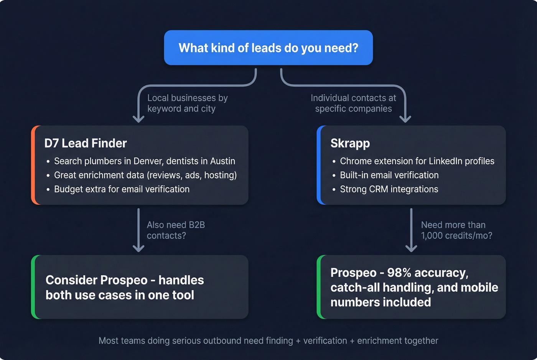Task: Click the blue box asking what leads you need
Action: pyautogui.click(x=268, y=48)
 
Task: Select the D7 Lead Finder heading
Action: pyautogui.click(x=86, y=143)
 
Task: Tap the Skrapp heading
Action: pyautogui.click(x=350, y=143)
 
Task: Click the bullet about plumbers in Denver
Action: pyautogui.click(x=144, y=161)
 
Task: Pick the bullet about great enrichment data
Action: pyautogui.click(x=145, y=175)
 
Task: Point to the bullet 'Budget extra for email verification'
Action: pyautogui.click(x=122, y=189)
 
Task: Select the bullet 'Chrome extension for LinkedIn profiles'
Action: pyautogui.click(x=417, y=161)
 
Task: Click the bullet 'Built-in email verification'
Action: pyautogui.click(x=389, y=175)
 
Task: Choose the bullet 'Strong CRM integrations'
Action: pyautogui.click(x=389, y=189)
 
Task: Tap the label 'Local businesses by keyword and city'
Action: pyautogui.click(x=187, y=104)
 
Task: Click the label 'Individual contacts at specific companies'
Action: pyautogui.click(x=353, y=104)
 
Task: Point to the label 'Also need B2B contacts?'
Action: pyautogui.click(x=176, y=230)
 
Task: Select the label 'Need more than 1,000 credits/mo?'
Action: pyautogui.click(x=456, y=230)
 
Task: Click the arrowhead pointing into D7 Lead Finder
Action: pyautogui.click(x=138, y=119)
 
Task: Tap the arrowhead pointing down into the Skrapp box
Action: pyautogui.click(x=405, y=119)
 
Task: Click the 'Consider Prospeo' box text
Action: pyautogui.click(x=125, y=288)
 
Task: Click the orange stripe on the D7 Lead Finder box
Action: pyautogui.click(x=33, y=165)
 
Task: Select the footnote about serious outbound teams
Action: pyautogui.click(x=268, y=340)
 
